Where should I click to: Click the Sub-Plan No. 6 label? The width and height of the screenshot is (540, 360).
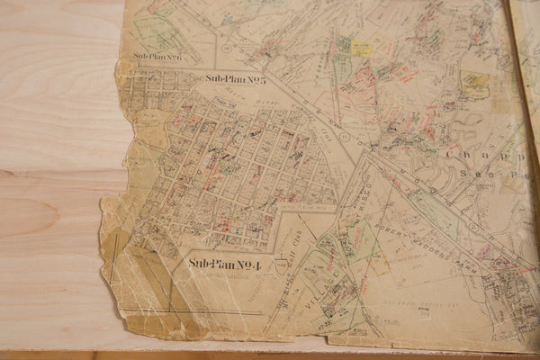157,58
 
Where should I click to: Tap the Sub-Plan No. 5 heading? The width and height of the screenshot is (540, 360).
235,79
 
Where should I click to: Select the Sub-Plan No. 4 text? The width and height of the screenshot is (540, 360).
224,264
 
